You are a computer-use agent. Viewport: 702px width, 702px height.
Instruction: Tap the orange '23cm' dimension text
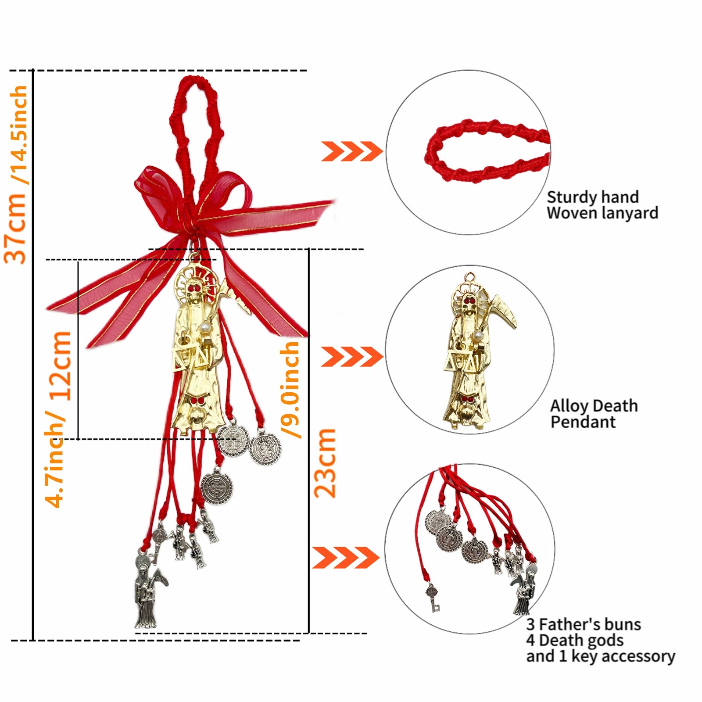(x=325, y=463)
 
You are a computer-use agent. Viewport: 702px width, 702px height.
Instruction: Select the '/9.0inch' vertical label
(x=290, y=389)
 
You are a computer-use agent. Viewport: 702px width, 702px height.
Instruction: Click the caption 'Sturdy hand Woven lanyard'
(x=602, y=205)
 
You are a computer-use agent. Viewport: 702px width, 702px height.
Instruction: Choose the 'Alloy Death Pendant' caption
(x=594, y=413)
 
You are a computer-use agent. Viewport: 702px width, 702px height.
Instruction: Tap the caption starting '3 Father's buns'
(x=601, y=640)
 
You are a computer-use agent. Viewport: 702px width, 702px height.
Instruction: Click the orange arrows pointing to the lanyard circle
(x=352, y=151)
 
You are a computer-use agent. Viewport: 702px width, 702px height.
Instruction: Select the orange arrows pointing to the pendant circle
(x=352, y=356)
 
